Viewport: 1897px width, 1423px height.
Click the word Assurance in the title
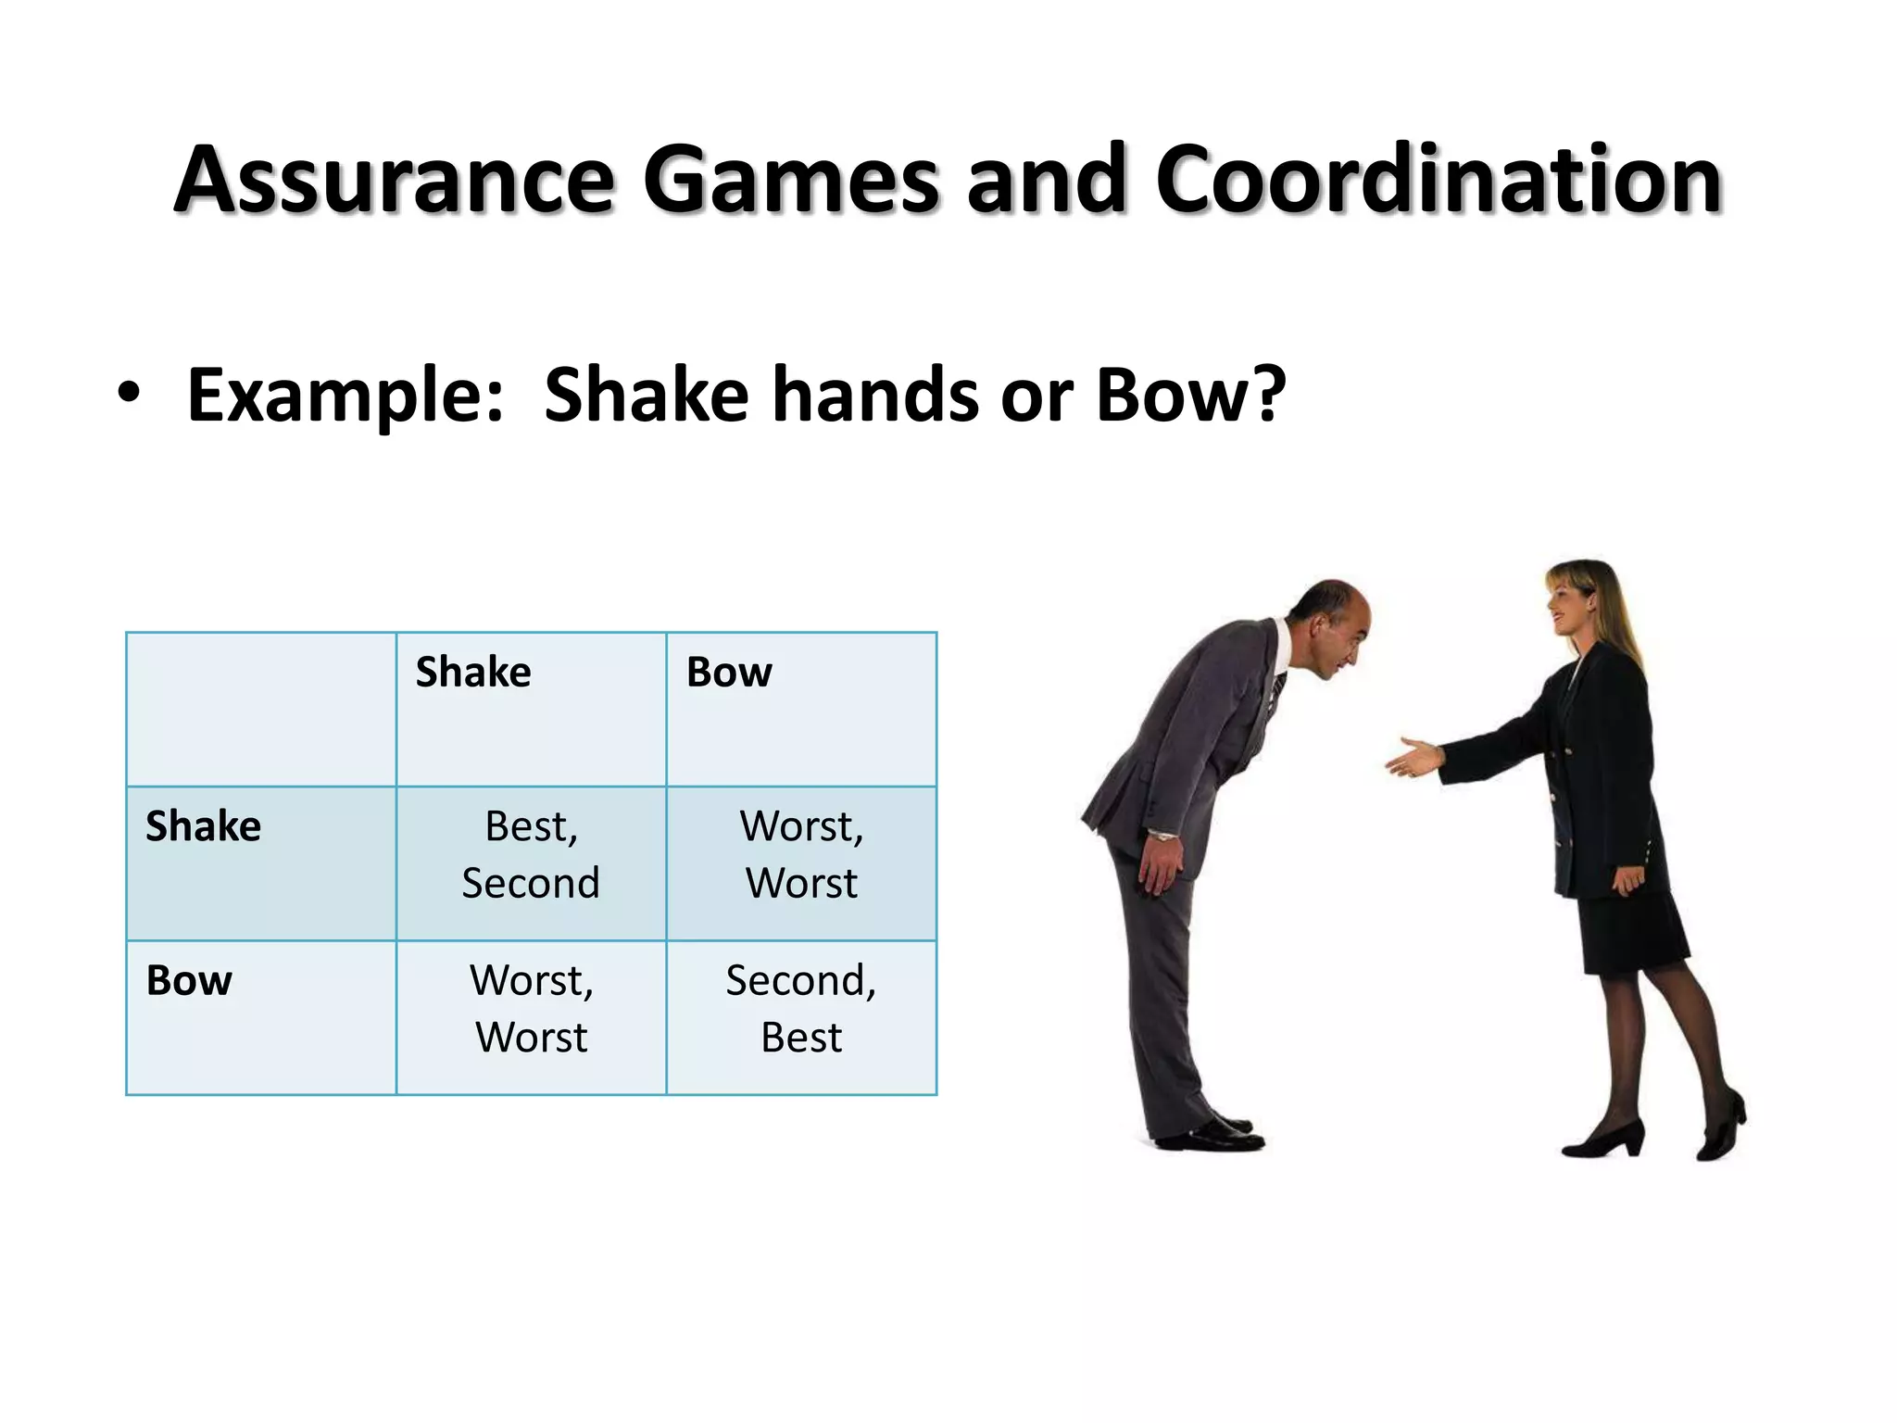(395, 180)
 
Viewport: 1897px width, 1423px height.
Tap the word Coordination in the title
(1438, 180)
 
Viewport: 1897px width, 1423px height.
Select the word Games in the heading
(792, 180)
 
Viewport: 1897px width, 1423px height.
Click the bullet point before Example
(129, 393)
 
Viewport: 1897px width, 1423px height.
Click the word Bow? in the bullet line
(1191, 395)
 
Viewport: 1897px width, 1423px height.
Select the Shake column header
(473, 673)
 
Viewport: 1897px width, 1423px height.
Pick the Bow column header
(729, 673)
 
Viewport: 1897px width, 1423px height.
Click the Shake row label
(204, 826)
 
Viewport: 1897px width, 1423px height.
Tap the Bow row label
(189, 981)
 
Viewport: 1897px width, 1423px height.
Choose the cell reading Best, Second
(532, 854)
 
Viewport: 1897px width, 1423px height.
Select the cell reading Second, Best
(801, 1009)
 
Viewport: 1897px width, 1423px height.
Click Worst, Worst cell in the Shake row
(801, 854)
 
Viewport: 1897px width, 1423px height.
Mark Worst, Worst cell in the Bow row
(532, 1009)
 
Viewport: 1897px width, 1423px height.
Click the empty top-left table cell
(261, 710)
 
